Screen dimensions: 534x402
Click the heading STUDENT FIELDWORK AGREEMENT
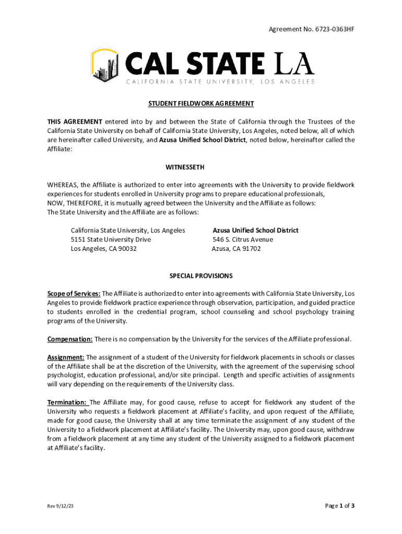tap(201, 104)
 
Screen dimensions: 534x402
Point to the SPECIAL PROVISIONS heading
tap(201, 276)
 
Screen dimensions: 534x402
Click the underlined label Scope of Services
tap(74, 294)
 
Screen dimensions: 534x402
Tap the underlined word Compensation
tap(70, 339)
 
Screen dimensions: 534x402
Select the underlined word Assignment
tap(66, 357)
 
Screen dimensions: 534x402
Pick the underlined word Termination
tap(67, 403)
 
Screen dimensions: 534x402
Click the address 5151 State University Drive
tap(111, 239)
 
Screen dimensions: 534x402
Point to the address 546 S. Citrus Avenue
tap(243, 239)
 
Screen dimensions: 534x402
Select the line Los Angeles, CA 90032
tap(104, 249)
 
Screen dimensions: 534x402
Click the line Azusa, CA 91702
tap(236, 249)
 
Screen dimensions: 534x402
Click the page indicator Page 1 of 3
tap(339, 506)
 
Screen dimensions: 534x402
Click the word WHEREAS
tap(62, 185)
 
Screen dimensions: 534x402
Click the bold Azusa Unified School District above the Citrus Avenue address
tap(255, 230)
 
